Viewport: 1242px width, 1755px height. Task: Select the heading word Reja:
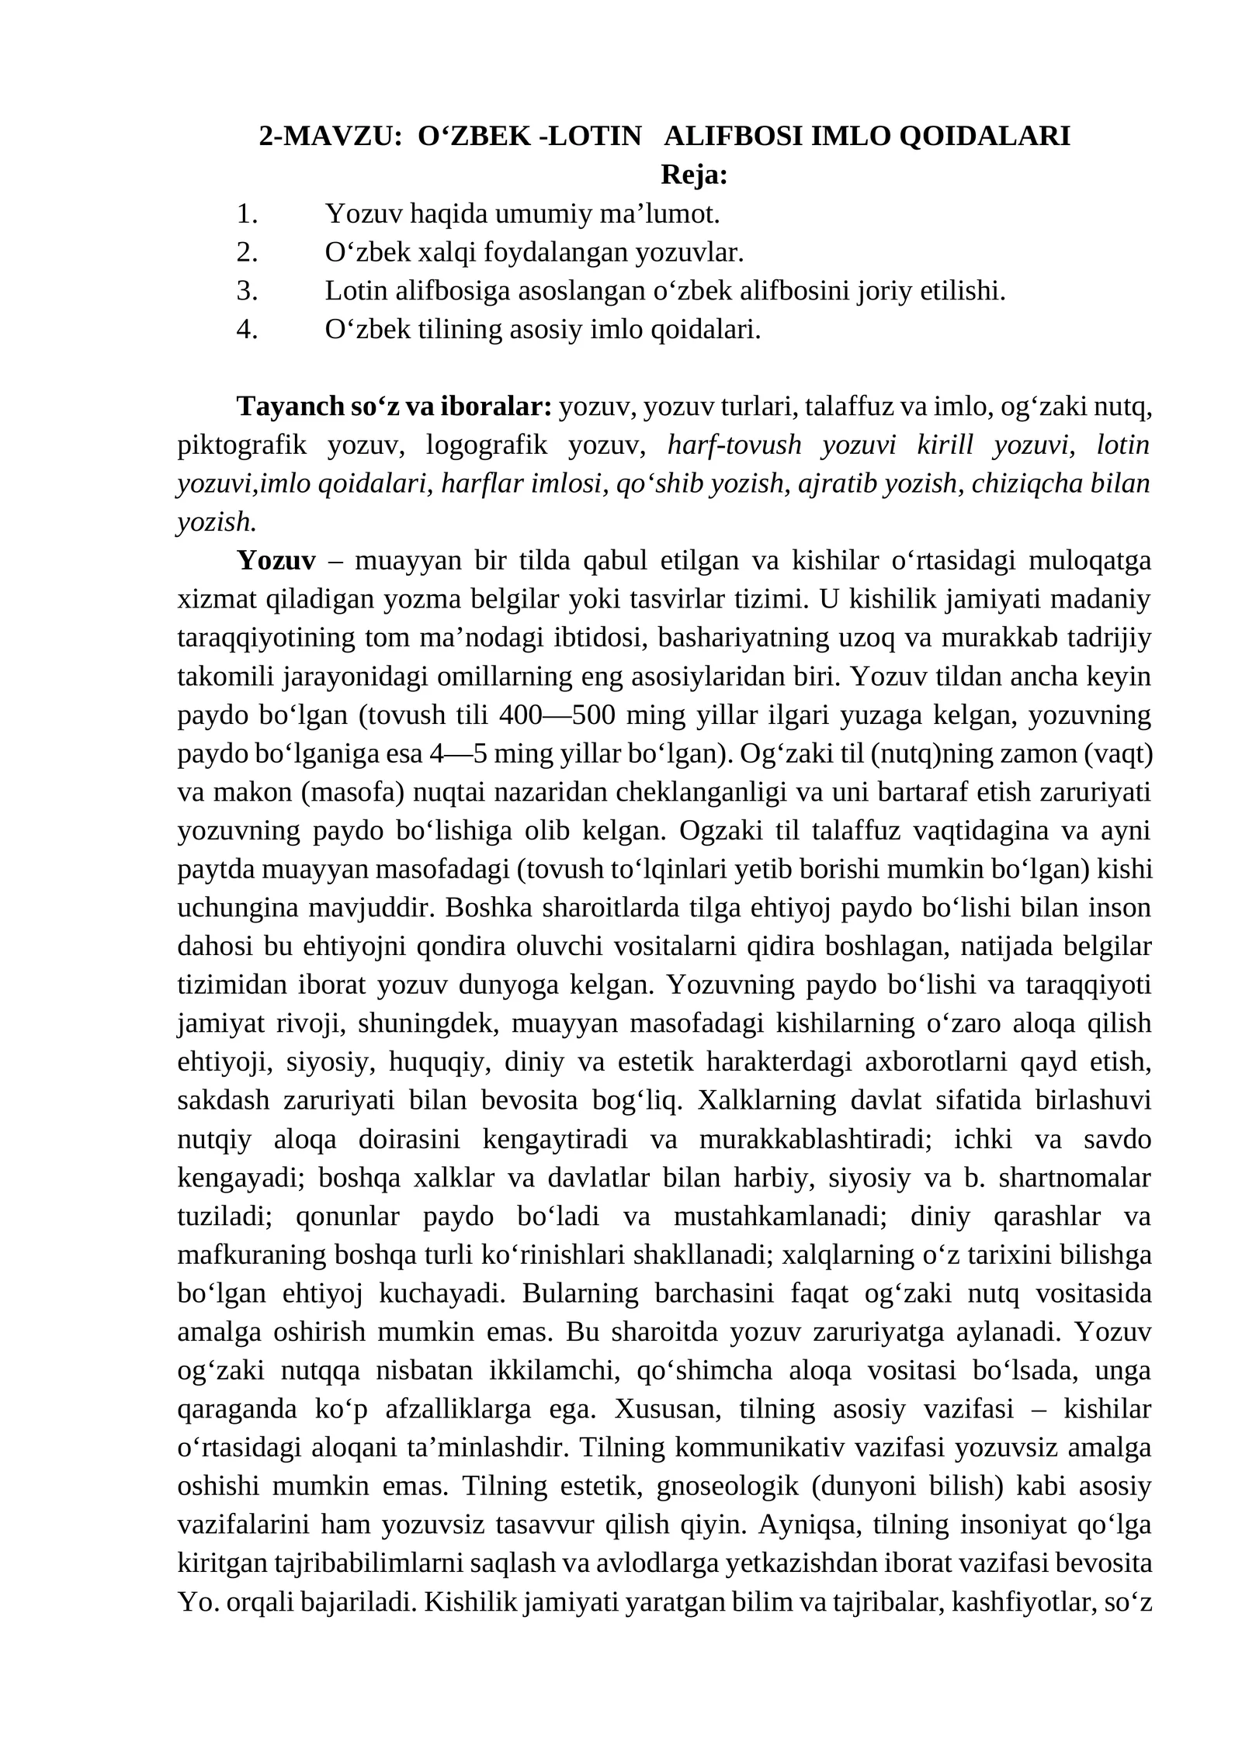click(x=694, y=175)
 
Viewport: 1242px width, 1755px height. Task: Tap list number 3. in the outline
click(x=247, y=291)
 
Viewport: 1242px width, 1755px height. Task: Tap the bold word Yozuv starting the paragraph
click(x=277, y=561)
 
